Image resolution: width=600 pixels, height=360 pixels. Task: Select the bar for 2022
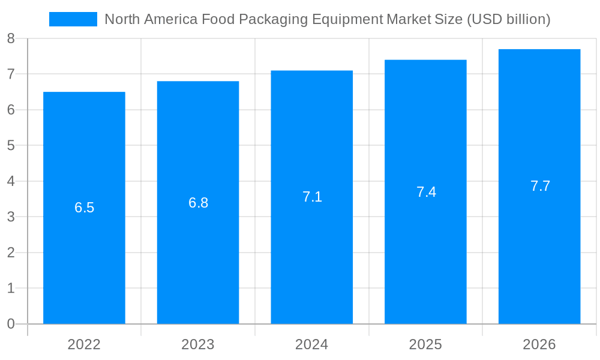coord(84,264)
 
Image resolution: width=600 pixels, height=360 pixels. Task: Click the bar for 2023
coord(198,264)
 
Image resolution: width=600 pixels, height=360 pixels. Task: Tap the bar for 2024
coord(312,264)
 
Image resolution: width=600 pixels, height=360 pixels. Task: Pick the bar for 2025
coord(425,264)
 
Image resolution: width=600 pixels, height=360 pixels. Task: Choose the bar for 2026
coord(539,264)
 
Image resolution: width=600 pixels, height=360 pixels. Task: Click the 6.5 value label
coord(85,208)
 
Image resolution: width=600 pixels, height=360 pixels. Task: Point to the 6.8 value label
coord(199,203)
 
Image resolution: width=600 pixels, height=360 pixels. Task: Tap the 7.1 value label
coord(312,197)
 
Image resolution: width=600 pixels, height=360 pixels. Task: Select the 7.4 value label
coord(426,192)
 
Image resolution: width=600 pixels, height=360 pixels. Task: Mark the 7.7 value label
coord(540,186)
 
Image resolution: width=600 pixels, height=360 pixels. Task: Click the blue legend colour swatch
coord(73,19)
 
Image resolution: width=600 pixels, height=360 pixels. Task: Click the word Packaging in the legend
coord(268,20)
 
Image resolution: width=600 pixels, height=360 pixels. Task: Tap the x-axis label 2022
coord(84,344)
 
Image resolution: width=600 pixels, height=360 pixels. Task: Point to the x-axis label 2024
coord(312,344)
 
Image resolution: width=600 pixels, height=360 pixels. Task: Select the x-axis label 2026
coord(539,344)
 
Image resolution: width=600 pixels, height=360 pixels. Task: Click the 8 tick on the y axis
coord(11,39)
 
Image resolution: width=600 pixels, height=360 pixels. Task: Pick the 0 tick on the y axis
coord(11,324)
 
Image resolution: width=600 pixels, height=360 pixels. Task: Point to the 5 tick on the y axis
coord(11,146)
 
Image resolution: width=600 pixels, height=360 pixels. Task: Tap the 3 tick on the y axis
coord(11,217)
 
